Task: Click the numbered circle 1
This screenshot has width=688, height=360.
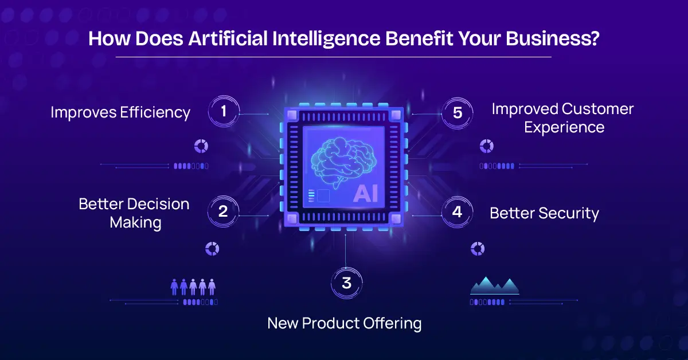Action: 224,112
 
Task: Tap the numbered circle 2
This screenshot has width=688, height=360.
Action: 224,212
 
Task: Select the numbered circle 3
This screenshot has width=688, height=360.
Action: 346,283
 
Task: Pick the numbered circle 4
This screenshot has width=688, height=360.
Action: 457,212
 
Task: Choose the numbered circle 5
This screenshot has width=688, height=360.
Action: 457,112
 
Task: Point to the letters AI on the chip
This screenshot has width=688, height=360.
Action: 365,194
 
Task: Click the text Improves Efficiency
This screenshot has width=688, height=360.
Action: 120,112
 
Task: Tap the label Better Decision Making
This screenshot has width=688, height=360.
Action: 134,213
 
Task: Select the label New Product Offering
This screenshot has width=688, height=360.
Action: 345,323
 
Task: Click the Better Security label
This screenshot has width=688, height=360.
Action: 544,213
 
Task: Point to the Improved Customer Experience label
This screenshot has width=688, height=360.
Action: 562,118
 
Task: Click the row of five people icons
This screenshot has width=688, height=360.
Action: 193,287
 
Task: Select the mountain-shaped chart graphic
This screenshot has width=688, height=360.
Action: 494,285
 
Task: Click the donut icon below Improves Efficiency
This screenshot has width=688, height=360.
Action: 201,146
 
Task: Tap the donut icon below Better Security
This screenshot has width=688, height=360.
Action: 478,248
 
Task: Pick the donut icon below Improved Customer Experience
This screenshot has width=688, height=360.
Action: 487,146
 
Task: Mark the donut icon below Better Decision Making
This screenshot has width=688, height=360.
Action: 212,248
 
